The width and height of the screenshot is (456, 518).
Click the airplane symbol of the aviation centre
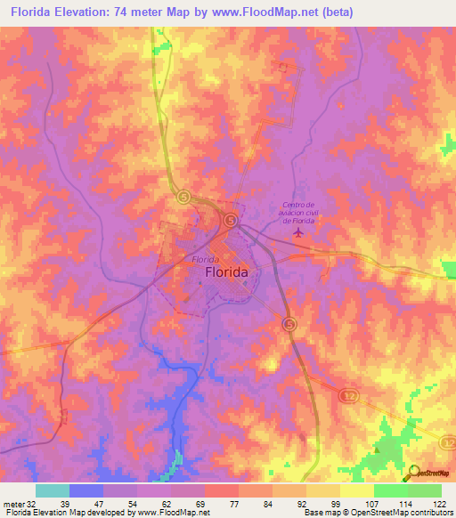pyautogui.click(x=297, y=232)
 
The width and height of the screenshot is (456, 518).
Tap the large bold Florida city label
pyautogui.click(x=227, y=273)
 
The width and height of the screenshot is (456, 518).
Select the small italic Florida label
pyautogui.click(x=207, y=259)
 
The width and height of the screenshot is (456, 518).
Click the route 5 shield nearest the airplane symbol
pyautogui.click(x=231, y=219)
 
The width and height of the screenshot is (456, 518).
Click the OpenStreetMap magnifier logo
pyautogui.click(x=411, y=473)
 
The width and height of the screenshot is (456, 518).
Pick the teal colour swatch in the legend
pyautogui.click(x=53, y=490)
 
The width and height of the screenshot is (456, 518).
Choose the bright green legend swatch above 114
pyautogui.click(x=391, y=490)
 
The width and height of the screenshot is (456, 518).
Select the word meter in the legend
pyautogui.click(x=13, y=504)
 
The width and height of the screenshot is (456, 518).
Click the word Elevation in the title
pyautogui.click(x=92, y=12)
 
